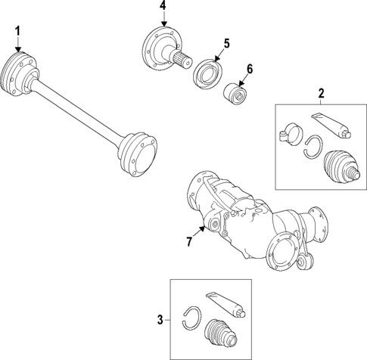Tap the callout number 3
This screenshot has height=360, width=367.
(x=160, y=320)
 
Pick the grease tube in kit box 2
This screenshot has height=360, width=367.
(x=330, y=126)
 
